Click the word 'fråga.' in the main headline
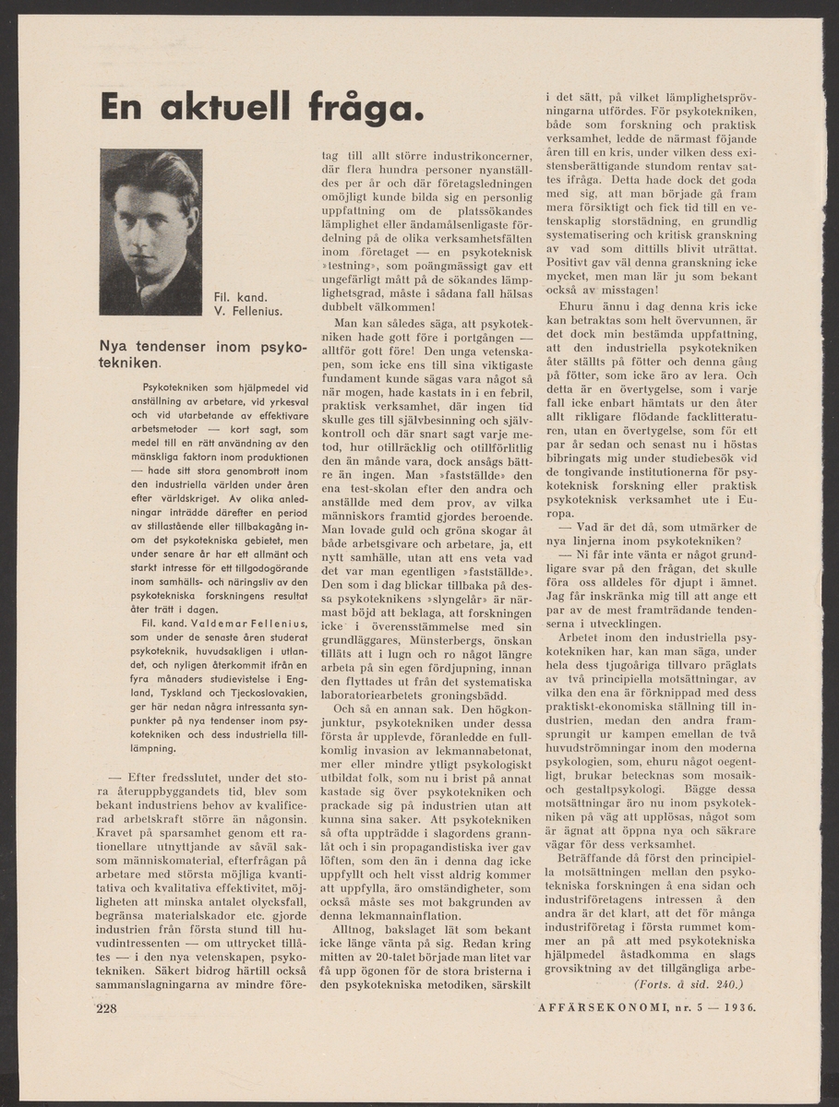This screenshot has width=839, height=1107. click(356, 107)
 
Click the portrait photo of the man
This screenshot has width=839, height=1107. click(150, 232)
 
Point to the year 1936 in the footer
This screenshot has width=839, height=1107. click(737, 1008)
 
